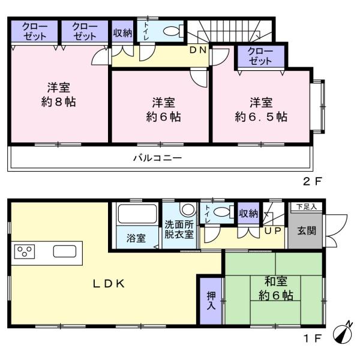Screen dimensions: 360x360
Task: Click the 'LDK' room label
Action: pyautogui.click(x=109, y=284)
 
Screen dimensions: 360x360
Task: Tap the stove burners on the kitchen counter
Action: pyautogui.click(x=25, y=251)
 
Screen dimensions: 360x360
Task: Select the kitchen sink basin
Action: pyautogui.click(x=65, y=251)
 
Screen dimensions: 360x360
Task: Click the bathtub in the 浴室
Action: pyautogui.click(x=137, y=214)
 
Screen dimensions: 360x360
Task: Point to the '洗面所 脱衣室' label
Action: pyautogui.click(x=179, y=230)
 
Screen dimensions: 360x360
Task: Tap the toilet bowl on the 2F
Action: pyautogui.click(x=172, y=31)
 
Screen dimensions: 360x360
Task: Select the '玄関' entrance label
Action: pyautogui.click(x=307, y=230)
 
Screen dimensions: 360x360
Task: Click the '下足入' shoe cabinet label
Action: pyautogui.click(x=307, y=206)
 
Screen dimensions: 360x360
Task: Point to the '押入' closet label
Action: pyautogui.click(x=211, y=301)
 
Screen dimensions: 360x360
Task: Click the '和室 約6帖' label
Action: pyautogui.click(x=276, y=289)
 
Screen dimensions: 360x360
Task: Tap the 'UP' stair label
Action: pyautogui.click(x=272, y=231)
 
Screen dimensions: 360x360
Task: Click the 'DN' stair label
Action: pyautogui.click(x=197, y=50)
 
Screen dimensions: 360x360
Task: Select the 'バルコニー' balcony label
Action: pyautogui.click(x=158, y=158)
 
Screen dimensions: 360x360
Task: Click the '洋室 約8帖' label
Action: pyautogui.click(x=58, y=94)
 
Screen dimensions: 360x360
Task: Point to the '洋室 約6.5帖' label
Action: pyautogui.click(x=261, y=109)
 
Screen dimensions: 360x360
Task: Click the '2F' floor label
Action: pyautogui.click(x=313, y=182)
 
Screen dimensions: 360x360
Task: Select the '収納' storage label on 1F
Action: pyautogui.click(x=248, y=214)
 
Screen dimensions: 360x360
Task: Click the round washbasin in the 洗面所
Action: pyautogui.click(x=188, y=209)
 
